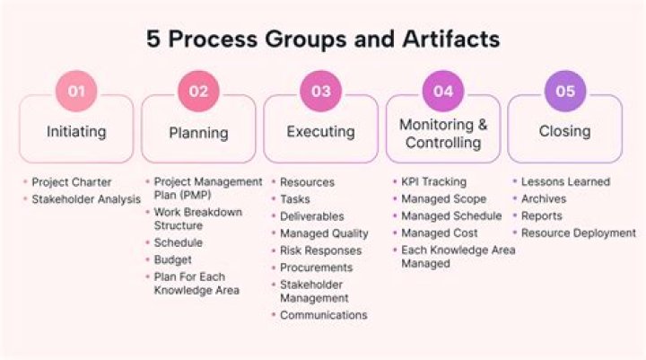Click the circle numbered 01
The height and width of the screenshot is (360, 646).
(x=76, y=91)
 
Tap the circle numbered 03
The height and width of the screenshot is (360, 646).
(x=320, y=91)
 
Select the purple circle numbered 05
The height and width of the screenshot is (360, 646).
(x=564, y=91)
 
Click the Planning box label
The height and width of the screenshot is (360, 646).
(x=198, y=133)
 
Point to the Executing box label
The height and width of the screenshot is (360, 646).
(x=320, y=132)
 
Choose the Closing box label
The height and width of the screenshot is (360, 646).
(x=564, y=131)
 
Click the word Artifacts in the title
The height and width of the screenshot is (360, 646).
(x=450, y=40)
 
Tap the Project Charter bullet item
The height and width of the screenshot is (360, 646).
(x=71, y=182)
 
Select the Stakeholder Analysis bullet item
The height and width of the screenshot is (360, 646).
(x=86, y=199)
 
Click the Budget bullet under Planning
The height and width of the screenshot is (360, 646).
(x=172, y=259)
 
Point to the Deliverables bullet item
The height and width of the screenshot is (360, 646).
(x=311, y=216)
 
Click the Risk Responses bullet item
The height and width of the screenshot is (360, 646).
(x=320, y=250)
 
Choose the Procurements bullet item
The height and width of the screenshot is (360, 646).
(x=317, y=268)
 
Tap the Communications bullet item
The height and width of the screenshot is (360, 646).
(x=323, y=315)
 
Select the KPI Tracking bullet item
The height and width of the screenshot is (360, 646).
(x=433, y=182)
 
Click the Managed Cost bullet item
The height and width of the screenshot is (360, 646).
(x=438, y=233)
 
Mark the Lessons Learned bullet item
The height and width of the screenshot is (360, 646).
(x=565, y=182)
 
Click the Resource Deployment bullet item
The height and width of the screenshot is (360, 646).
(x=579, y=233)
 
